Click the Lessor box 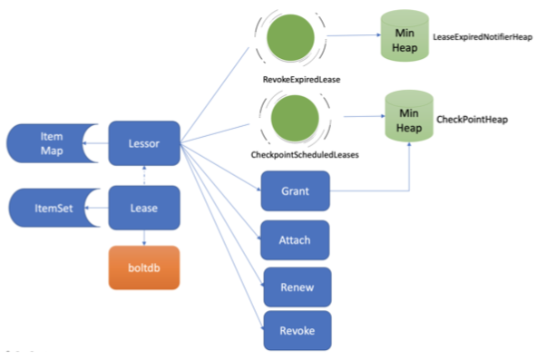coord(144,143)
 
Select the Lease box coord(144,208)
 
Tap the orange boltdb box coord(144,268)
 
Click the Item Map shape coord(52,143)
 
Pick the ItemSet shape coord(54,208)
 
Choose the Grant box coord(295,191)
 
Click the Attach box coord(295,240)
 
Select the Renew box coord(298,287)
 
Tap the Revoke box coord(298,331)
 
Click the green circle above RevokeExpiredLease coord(290,38)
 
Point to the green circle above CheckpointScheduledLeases coord(295,118)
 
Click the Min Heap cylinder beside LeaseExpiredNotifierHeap coord(405,35)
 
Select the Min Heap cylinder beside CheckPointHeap coord(409,116)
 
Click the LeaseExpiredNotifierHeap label coord(483,37)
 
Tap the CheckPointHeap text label coord(472,120)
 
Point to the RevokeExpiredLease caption coord(301,80)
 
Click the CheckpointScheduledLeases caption coord(305,155)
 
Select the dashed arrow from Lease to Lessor coord(144,176)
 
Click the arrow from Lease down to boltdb coord(144,238)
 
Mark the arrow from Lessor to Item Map coord(95,143)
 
